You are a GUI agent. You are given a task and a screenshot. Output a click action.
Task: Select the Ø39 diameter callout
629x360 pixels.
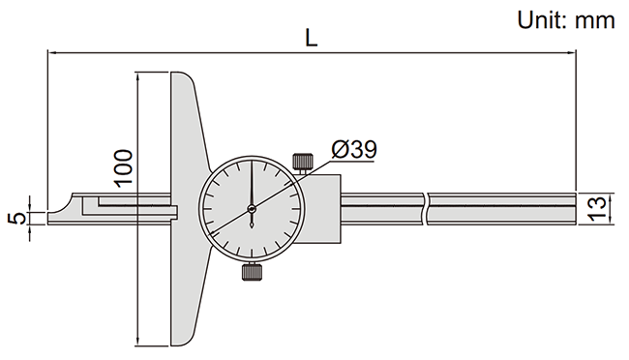tap(353, 149)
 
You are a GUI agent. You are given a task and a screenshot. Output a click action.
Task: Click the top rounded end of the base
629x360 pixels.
tap(184, 78)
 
